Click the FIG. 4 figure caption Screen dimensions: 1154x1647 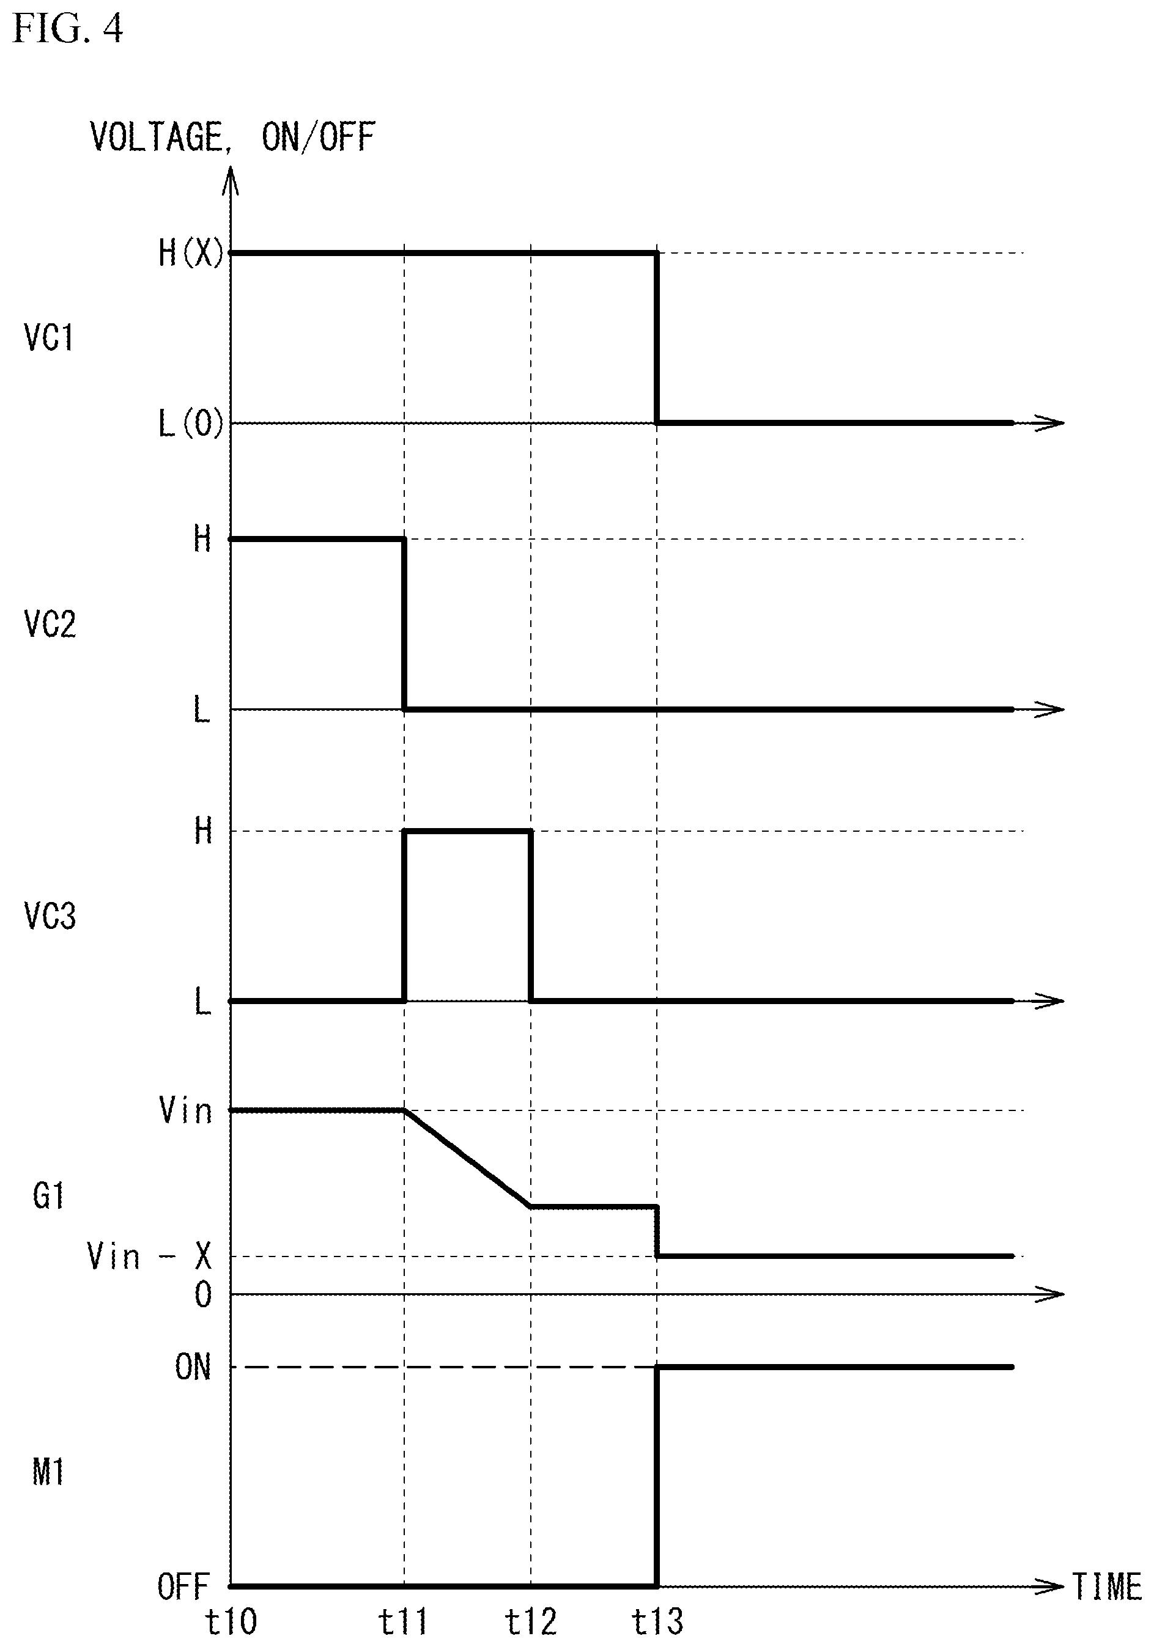click(68, 30)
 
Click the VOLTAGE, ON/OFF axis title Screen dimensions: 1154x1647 click(232, 137)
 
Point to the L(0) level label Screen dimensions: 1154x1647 click(191, 424)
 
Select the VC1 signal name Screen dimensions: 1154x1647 click(49, 337)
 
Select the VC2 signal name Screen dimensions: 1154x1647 click(50, 623)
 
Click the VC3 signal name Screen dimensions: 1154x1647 click(50, 916)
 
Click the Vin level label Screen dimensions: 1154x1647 click(186, 1110)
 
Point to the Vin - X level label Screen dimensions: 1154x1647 click(149, 1256)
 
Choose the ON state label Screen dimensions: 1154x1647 click(193, 1366)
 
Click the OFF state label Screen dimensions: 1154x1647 click(183, 1585)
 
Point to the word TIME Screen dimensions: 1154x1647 click(1107, 1586)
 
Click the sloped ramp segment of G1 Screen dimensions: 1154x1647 click(468, 1159)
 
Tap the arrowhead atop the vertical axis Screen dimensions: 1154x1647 click(231, 179)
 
